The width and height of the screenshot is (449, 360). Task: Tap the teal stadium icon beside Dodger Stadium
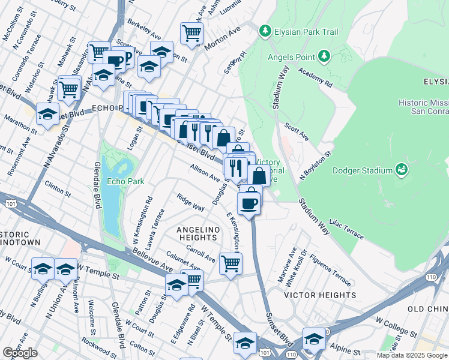401,171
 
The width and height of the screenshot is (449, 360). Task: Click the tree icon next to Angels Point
324,56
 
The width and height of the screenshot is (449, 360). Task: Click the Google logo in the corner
20,353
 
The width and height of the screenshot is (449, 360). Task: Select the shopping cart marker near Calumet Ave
231,263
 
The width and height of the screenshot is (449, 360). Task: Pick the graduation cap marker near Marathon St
47,113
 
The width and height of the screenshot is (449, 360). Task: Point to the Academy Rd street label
316,80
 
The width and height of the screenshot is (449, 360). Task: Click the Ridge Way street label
190,202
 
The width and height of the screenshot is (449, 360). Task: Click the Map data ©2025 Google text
412,355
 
